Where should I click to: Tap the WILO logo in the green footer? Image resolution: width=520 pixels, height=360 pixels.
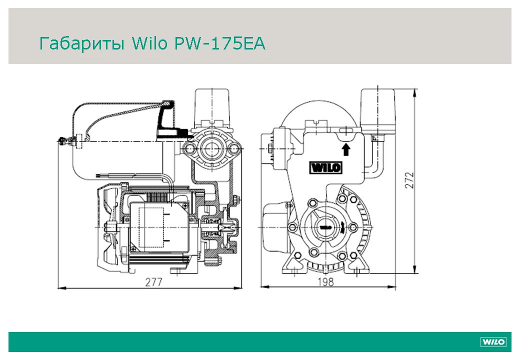pyautogui.click(x=493, y=342)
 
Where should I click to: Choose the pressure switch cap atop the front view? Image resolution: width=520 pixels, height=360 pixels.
pyautogui.click(x=378, y=111)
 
